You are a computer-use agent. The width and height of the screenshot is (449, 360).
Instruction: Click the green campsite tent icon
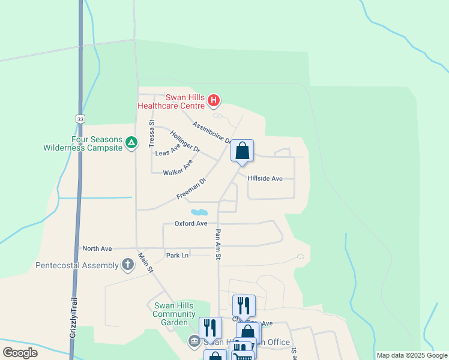(x=131, y=143)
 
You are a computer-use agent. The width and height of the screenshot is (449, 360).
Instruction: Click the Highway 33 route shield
(x=80, y=119)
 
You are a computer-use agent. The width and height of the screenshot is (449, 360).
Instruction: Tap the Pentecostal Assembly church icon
(x=128, y=265)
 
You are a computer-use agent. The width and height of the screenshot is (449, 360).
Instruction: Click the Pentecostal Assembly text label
(x=77, y=265)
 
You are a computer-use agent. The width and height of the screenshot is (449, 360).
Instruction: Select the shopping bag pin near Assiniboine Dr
(x=242, y=151)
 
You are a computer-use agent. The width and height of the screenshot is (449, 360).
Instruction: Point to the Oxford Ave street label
(x=191, y=224)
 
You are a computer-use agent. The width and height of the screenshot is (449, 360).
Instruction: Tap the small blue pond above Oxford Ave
(x=199, y=212)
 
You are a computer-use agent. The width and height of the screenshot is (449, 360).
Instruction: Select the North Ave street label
(x=97, y=248)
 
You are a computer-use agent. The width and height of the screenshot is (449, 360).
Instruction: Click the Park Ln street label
(x=177, y=256)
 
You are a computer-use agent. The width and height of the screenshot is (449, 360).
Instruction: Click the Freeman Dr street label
(x=191, y=188)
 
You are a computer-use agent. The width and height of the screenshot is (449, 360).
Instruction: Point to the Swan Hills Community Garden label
(x=173, y=313)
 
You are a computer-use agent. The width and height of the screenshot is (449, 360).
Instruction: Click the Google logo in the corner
(x=20, y=352)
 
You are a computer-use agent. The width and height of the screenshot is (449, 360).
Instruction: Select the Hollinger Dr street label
(x=185, y=140)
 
